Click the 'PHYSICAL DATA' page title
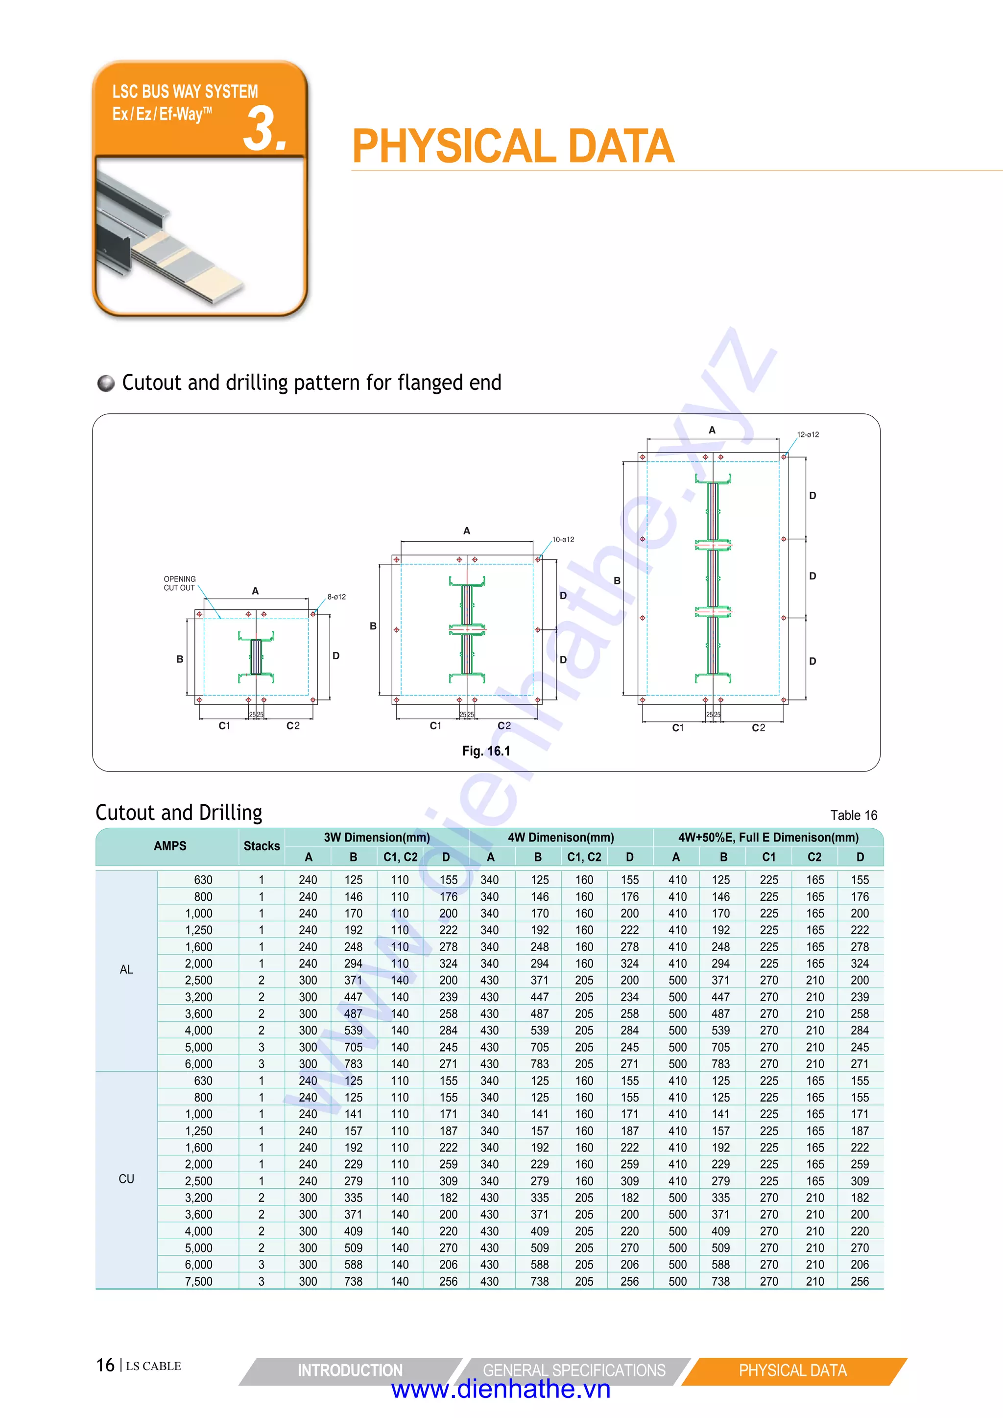[x=513, y=146]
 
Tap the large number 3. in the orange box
[x=265, y=128]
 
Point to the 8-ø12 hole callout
[x=336, y=597]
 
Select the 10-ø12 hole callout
[x=563, y=539]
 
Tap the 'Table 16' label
[x=853, y=815]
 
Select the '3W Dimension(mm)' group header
[x=377, y=838]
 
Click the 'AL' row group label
[x=126, y=970]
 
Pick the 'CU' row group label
[x=126, y=1179]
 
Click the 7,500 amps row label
[x=198, y=1281]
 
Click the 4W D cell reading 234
[x=629, y=997]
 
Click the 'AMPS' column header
[x=170, y=846]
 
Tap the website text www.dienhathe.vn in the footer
[x=501, y=1389]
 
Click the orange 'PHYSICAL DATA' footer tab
[x=792, y=1370]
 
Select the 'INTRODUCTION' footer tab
[x=350, y=1370]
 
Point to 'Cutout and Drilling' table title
[x=179, y=813]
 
